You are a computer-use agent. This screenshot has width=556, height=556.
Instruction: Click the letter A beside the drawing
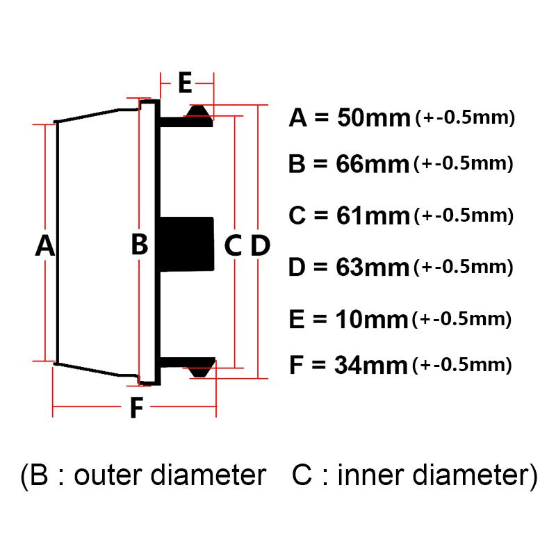(x=45, y=245)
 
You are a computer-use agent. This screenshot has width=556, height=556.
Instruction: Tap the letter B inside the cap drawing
(x=140, y=244)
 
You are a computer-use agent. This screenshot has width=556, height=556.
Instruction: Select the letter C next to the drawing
(x=234, y=245)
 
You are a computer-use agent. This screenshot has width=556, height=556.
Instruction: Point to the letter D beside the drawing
(x=261, y=245)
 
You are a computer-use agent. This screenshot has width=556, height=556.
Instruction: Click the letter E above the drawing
(x=185, y=82)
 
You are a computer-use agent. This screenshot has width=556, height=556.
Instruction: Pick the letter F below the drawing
(x=137, y=407)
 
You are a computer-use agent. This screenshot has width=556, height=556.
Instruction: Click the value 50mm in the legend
(x=373, y=117)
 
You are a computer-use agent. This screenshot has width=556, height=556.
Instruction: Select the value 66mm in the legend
(x=373, y=164)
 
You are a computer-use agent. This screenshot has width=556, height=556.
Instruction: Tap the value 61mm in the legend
(x=373, y=215)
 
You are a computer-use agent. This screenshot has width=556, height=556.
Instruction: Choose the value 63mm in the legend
(x=373, y=267)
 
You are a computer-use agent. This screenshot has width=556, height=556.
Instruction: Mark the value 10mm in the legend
(x=372, y=319)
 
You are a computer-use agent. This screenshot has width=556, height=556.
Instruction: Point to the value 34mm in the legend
(x=371, y=365)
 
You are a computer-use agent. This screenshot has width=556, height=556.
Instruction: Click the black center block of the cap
(x=187, y=244)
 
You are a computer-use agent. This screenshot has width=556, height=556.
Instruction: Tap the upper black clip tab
(x=199, y=116)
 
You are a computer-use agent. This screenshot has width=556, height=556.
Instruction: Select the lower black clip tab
(x=200, y=368)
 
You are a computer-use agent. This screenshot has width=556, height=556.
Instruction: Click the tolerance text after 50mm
(x=465, y=117)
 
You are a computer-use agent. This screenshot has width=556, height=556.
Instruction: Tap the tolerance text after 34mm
(x=462, y=365)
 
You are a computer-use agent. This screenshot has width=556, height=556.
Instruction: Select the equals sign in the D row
(x=320, y=267)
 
